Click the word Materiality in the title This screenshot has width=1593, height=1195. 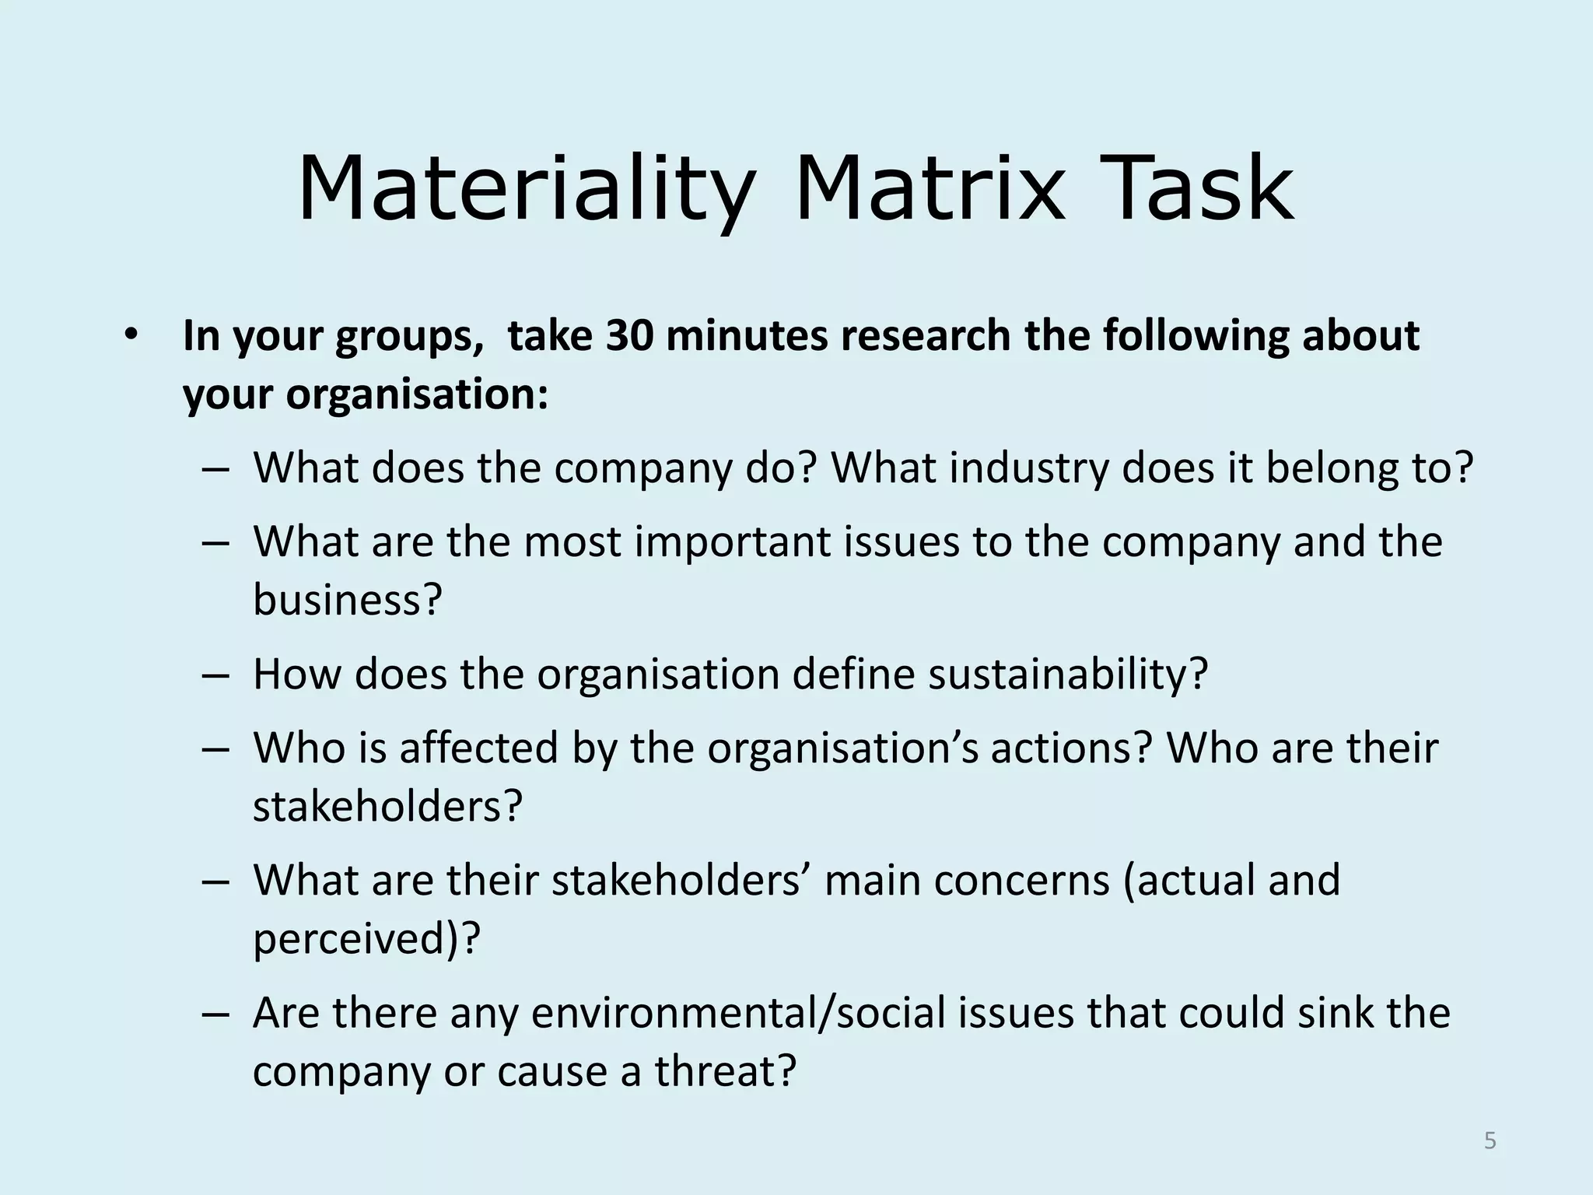[x=526, y=189]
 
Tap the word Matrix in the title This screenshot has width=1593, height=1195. [x=928, y=189]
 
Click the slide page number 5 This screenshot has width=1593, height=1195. [x=1490, y=1141]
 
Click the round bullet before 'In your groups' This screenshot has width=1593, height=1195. [x=130, y=335]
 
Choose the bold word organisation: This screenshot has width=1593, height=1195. [x=417, y=394]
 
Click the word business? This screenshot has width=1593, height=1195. [x=347, y=599]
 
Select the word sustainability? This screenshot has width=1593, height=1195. [x=1067, y=674]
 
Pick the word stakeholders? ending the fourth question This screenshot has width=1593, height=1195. [x=387, y=806]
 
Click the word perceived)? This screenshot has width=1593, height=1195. [x=366, y=938]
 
